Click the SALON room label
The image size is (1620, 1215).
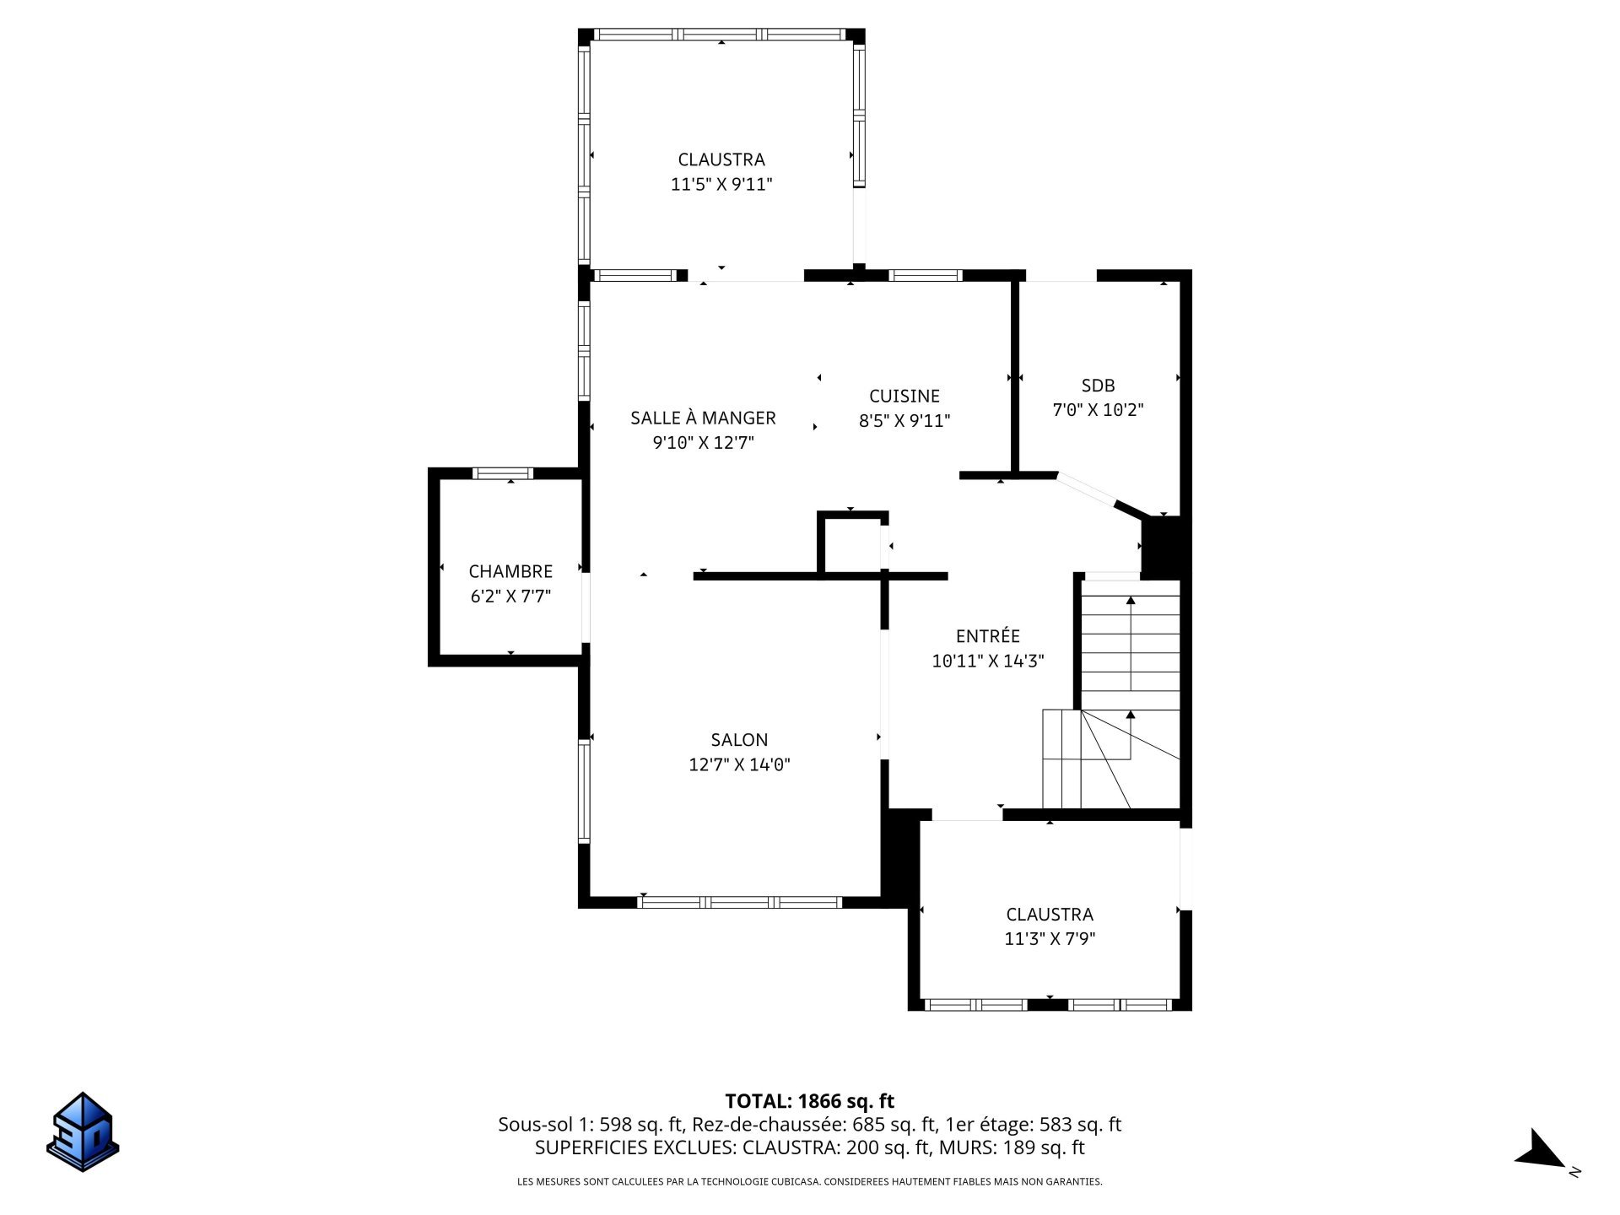point(739,740)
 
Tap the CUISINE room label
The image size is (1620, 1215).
point(904,396)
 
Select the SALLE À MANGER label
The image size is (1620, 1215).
point(703,418)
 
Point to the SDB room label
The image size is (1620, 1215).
point(1098,386)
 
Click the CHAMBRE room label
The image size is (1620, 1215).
point(510,571)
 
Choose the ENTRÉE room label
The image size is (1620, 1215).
point(988,636)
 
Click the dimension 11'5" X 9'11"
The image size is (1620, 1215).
point(721,184)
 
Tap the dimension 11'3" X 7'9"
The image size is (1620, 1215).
point(1050,938)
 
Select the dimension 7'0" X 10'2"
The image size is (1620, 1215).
point(1098,410)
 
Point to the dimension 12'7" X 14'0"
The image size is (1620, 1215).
point(739,764)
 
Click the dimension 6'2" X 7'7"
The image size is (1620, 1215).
point(510,597)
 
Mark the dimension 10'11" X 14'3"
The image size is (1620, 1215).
point(988,661)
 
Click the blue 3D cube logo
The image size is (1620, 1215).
point(83,1131)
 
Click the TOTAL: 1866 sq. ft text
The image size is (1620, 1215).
point(809,1101)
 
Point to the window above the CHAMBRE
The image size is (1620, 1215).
point(502,472)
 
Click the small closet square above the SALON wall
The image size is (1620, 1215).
point(852,544)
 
